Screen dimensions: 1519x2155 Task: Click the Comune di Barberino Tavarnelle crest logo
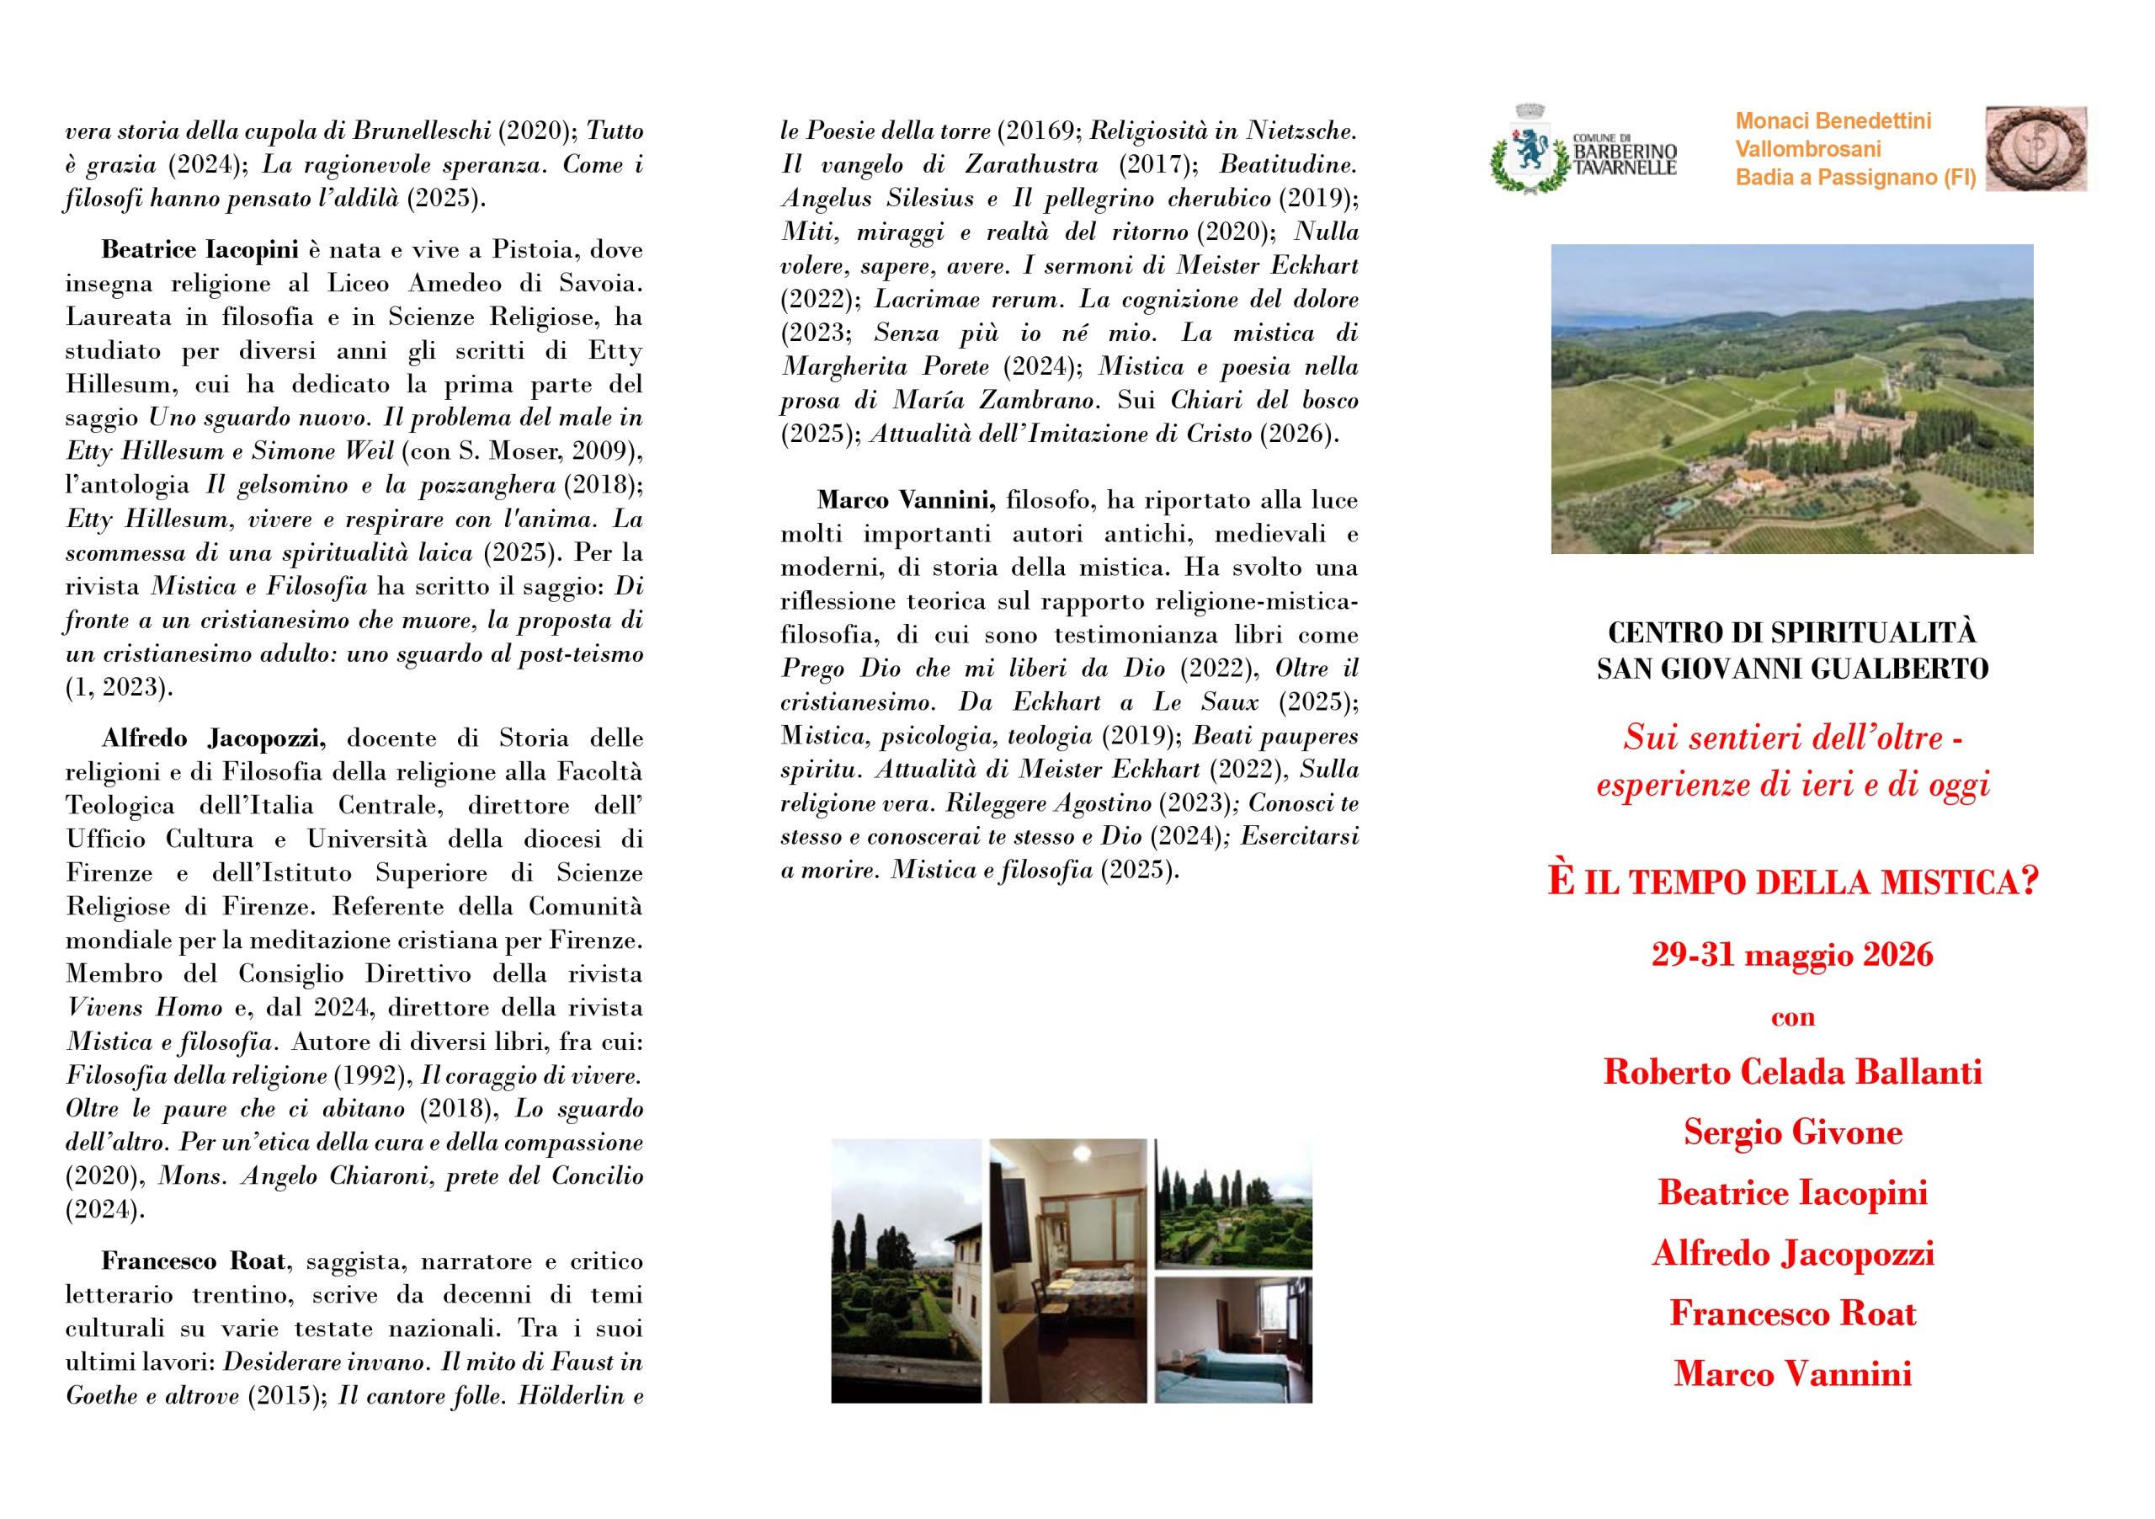click(x=1531, y=149)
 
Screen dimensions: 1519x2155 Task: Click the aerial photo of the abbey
click(x=1792, y=398)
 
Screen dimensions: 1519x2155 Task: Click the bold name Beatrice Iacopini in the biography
click(x=199, y=250)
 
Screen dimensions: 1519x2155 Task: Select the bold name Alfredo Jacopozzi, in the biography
click(x=214, y=738)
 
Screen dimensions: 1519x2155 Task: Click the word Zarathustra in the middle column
click(x=1031, y=164)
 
